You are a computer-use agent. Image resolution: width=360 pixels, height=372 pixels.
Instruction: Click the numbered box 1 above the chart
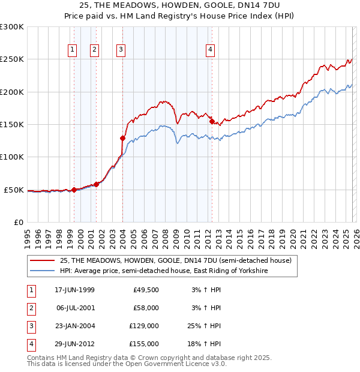72,50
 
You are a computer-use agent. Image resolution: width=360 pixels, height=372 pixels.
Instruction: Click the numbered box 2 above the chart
94,50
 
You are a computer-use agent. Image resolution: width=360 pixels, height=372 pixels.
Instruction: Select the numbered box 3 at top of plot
121,50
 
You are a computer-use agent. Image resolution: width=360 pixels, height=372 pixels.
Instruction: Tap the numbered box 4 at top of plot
211,50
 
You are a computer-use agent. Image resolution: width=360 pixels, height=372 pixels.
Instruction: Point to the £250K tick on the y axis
11,59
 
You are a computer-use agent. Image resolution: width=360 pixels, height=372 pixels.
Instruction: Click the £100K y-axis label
11,157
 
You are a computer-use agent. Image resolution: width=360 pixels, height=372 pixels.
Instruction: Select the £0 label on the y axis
18,222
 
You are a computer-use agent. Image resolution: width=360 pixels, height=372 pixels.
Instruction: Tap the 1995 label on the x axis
28,238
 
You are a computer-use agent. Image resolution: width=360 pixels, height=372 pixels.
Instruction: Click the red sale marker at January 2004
122,138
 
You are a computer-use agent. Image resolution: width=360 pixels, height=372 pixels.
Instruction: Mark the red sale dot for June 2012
212,121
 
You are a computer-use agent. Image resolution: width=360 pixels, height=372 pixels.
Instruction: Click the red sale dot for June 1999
74,190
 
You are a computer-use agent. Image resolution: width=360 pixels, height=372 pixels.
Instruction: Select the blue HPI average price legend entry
163,271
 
